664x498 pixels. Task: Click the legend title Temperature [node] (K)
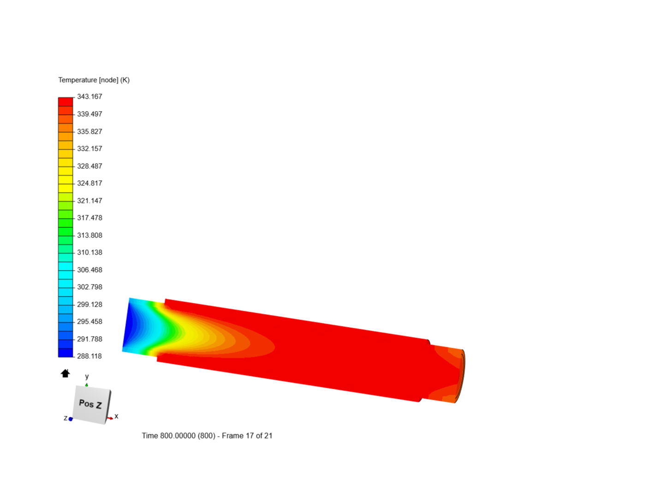[x=94, y=80]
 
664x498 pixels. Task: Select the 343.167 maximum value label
[x=89, y=96]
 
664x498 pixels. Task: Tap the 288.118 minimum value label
[x=89, y=356]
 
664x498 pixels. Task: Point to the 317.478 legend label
[x=89, y=218]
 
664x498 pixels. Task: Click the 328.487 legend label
[x=89, y=166]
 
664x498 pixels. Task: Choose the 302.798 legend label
[x=89, y=287]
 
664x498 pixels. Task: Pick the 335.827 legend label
[x=89, y=131]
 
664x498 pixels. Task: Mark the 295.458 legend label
[x=89, y=321]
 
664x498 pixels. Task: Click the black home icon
[x=65, y=373]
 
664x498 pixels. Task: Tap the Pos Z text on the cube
[x=90, y=404]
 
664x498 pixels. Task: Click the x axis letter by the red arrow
[x=116, y=416]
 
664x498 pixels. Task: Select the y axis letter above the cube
[x=87, y=376]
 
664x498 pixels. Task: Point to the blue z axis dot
[x=71, y=419]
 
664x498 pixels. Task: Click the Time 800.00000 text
[x=178, y=436]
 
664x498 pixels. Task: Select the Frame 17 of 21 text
[x=247, y=436]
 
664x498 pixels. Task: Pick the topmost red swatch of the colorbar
[x=65, y=101]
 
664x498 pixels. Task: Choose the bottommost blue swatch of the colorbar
[x=65, y=353]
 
